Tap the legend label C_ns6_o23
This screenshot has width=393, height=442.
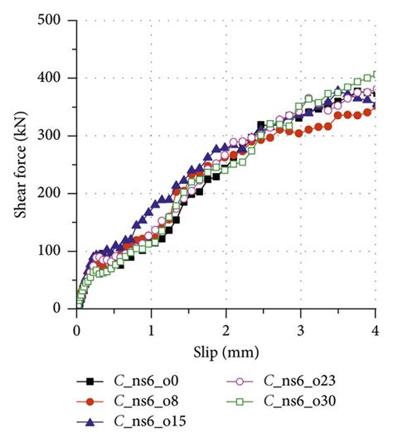point(303,381)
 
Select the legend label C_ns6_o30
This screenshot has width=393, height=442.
point(303,401)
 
